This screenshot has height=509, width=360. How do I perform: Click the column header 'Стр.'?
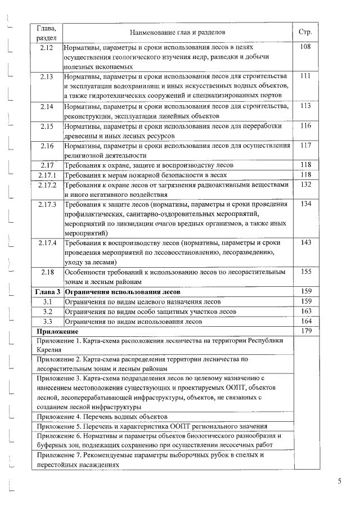(306, 32)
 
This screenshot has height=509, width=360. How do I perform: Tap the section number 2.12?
(47, 47)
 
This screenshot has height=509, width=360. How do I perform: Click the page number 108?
(306, 47)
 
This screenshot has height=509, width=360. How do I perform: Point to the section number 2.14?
(47, 106)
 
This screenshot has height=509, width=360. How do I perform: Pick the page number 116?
(306, 125)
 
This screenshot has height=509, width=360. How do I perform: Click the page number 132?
(306, 184)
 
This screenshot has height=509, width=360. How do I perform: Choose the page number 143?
(306, 242)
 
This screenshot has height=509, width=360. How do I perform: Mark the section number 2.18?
(47, 272)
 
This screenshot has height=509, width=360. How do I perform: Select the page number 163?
(306, 311)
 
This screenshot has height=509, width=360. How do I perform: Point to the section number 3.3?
(47, 321)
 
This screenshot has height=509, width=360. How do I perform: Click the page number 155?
(306, 272)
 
